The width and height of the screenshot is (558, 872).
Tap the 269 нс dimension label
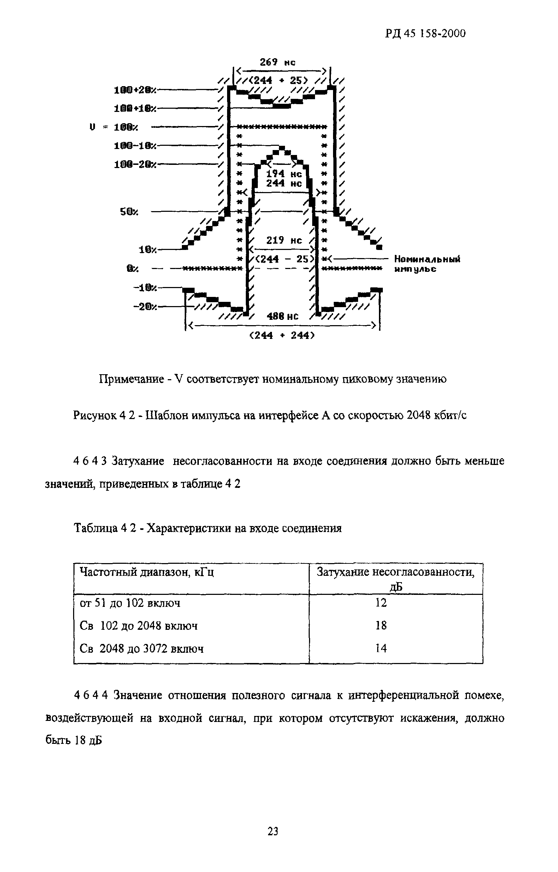click(278, 62)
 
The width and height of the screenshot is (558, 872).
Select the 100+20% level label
click(135, 89)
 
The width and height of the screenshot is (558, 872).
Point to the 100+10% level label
click(135, 108)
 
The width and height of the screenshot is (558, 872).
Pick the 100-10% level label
click(135, 146)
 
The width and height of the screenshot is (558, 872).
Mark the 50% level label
click(129, 212)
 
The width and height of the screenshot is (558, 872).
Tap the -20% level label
click(145, 307)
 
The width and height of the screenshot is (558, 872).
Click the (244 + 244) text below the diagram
click(282, 335)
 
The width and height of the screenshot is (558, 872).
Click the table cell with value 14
click(381, 648)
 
